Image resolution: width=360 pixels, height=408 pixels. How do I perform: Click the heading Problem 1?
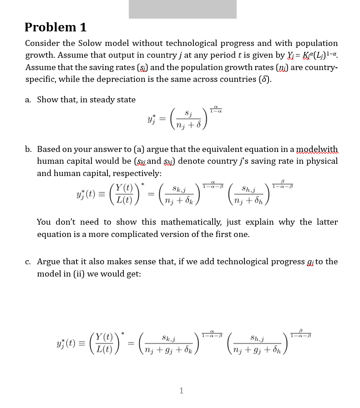[x=55, y=27]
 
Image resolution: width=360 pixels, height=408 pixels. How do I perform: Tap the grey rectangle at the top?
[x=183, y=9]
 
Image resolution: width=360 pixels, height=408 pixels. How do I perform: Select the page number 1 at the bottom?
[x=182, y=390]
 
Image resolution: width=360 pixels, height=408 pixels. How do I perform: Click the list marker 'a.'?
[x=28, y=100]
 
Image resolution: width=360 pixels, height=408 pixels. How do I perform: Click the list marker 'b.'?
[x=28, y=149]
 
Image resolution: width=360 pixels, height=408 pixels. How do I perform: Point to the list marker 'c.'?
[x=28, y=262]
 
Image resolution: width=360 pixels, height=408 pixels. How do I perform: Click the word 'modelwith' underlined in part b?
[x=317, y=149]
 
